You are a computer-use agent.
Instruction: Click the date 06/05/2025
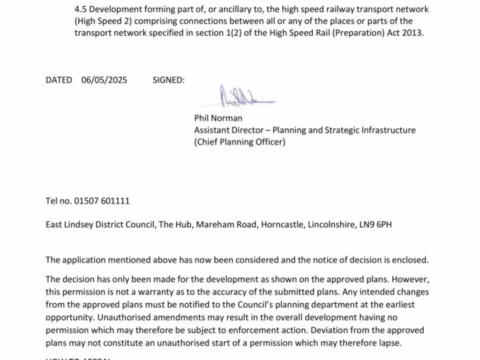(x=104, y=80)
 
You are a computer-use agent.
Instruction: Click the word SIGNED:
(x=169, y=80)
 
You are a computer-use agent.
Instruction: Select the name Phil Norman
(x=218, y=118)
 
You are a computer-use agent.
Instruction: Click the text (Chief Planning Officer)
(x=240, y=142)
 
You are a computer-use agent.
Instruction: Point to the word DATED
(x=59, y=80)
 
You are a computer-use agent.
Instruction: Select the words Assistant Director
(x=231, y=130)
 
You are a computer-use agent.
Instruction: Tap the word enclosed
(x=411, y=260)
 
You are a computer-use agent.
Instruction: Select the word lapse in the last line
(x=391, y=343)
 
